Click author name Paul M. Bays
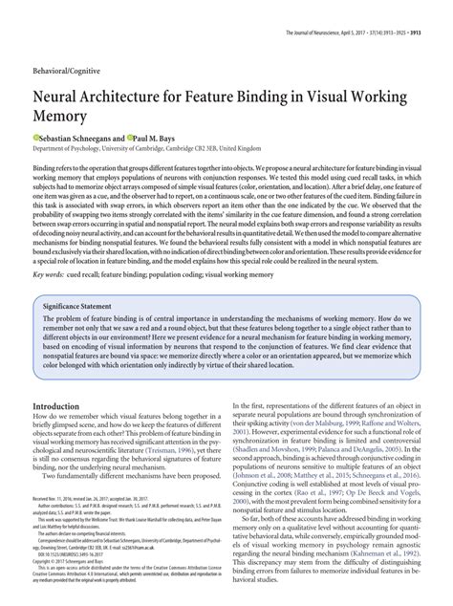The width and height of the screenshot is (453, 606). pyautogui.click(x=175, y=138)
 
